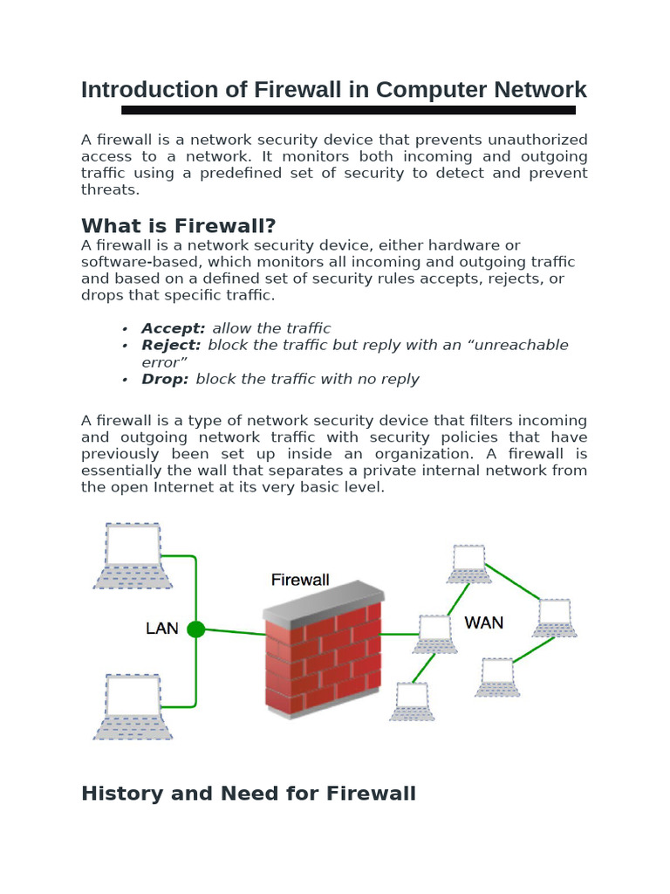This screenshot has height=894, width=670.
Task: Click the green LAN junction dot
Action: (196, 629)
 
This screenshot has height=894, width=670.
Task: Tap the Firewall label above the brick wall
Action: (300, 580)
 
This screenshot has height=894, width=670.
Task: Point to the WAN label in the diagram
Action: (483, 622)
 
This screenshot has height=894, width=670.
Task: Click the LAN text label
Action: (161, 628)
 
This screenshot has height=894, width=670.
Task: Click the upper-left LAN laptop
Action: (133, 555)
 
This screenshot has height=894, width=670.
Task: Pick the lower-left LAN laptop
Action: (133, 705)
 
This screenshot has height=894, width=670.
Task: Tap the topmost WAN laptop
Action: (468, 564)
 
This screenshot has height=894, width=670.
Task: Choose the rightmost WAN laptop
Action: (554, 617)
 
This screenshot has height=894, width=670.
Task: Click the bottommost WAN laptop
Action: (412, 701)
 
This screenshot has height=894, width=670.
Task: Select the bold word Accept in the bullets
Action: (174, 328)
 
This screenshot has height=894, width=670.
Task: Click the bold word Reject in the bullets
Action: (171, 345)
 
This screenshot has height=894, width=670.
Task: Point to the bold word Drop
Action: (165, 379)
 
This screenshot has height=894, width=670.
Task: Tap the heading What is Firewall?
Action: (178, 226)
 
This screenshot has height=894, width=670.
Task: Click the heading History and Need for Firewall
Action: (248, 793)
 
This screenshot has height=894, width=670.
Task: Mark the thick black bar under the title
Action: (348, 110)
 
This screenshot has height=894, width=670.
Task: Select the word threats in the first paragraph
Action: (110, 189)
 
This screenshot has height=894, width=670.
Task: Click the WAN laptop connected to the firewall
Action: (434, 634)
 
